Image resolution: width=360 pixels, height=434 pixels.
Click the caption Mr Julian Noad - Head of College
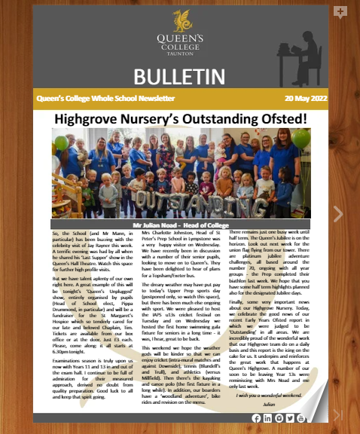[180, 225]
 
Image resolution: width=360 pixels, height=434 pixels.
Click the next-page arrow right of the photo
[337, 214]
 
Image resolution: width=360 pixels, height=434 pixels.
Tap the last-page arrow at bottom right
[337, 414]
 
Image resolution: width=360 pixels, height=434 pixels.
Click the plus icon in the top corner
[340, 12]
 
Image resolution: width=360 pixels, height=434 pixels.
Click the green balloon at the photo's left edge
[60, 143]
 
